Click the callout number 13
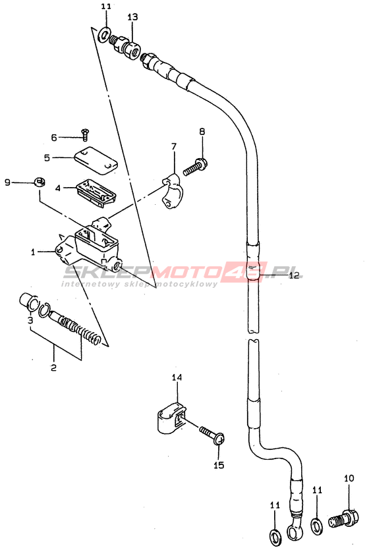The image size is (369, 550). pyautogui.click(x=132, y=17)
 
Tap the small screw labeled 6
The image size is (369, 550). pyautogui.click(x=85, y=134)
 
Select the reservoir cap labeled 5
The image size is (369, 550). pyautogui.click(x=96, y=160)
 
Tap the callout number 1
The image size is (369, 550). pyautogui.click(x=33, y=252)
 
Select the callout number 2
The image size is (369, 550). pyautogui.click(x=53, y=368)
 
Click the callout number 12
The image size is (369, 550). pyautogui.click(x=295, y=275)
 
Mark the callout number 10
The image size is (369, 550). pyautogui.click(x=349, y=478)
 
